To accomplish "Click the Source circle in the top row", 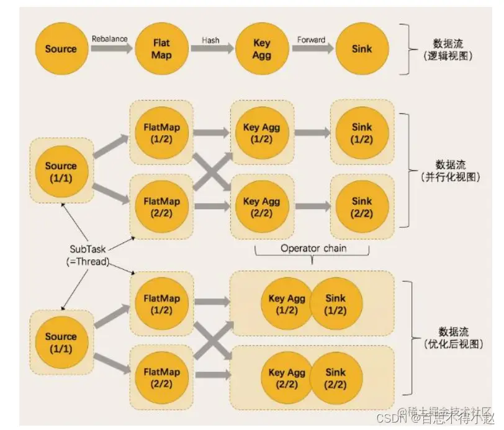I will pyautogui.click(x=61, y=49).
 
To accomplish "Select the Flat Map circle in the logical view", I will pyautogui.click(x=161, y=49).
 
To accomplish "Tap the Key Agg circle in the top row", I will pyautogui.click(x=261, y=49).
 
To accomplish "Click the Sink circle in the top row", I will pyautogui.click(x=361, y=49).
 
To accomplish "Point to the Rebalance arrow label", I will pyautogui.click(x=110, y=38).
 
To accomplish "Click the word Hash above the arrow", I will pyautogui.click(x=210, y=40).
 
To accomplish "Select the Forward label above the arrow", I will pyautogui.click(x=310, y=40).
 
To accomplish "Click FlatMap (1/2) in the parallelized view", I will pyautogui.click(x=161, y=133).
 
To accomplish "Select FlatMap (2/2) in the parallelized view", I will pyautogui.click(x=161, y=207).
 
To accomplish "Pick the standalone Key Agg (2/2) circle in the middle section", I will pyautogui.click(x=261, y=207).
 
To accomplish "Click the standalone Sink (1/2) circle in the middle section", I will pyautogui.click(x=361, y=133).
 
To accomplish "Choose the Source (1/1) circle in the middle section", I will pyautogui.click(x=61, y=171).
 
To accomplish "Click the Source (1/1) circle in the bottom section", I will pyautogui.click(x=61, y=342).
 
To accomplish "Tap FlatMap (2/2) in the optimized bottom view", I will pyautogui.click(x=161, y=378).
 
